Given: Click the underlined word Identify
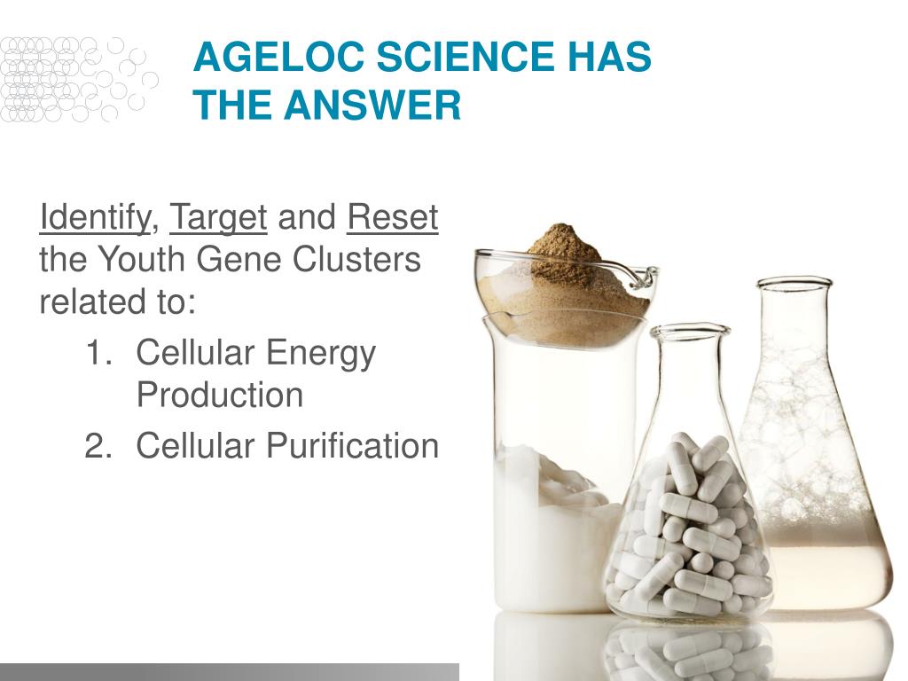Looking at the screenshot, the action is tap(94, 219).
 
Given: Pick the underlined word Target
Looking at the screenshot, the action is tap(218, 219).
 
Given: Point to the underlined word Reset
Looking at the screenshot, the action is tap(393, 218).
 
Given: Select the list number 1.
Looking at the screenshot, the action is tap(98, 353).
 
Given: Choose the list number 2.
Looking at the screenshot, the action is tap(98, 446).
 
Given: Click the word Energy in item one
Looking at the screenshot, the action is tap(321, 355).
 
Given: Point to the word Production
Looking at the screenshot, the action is tap(220, 395).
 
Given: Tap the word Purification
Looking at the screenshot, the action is tap(352, 446).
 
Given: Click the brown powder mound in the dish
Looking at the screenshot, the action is tap(566, 254).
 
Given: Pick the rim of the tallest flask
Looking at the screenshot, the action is tap(794, 283).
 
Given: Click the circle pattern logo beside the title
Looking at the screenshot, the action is tap(78, 80).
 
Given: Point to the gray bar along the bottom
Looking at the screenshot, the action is tap(230, 672).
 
